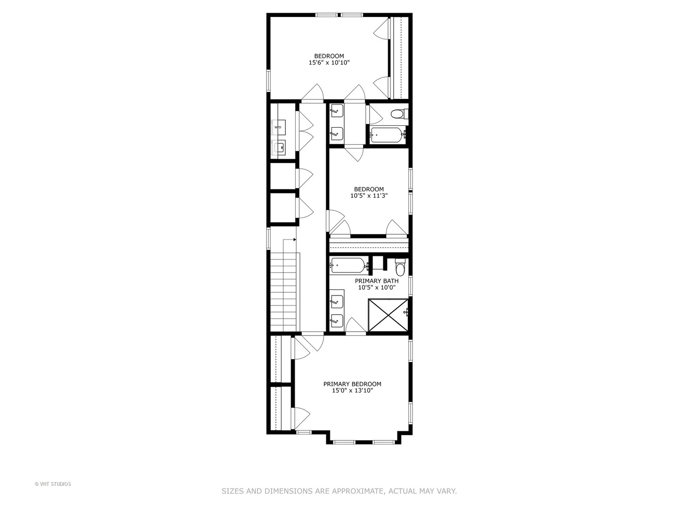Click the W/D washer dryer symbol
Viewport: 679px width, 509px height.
[x=278, y=127]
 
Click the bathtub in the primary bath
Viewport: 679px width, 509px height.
[x=348, y=265]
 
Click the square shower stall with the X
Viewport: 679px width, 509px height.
[x=388, y=315]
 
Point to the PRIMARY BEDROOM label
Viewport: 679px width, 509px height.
[x=352, y=384]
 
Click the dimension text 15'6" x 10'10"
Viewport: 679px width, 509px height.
[x=329, y=62]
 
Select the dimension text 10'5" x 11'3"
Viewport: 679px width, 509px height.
[x=369, y=196]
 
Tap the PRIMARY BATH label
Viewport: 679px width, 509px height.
[x=376, y=281]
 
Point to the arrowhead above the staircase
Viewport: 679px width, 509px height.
[x=295, y=240]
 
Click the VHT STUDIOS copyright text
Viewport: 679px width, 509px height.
[x=53, y=484]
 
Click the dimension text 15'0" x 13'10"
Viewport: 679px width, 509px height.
[x=352, y=390]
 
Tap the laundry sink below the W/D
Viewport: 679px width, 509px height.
[x=279, y=147]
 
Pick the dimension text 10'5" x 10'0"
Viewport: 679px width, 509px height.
[x=376, y=287]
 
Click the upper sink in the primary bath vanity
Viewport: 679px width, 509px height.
[x=337, y=301]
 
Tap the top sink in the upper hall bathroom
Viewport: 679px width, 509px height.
[x=337, y=112]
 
